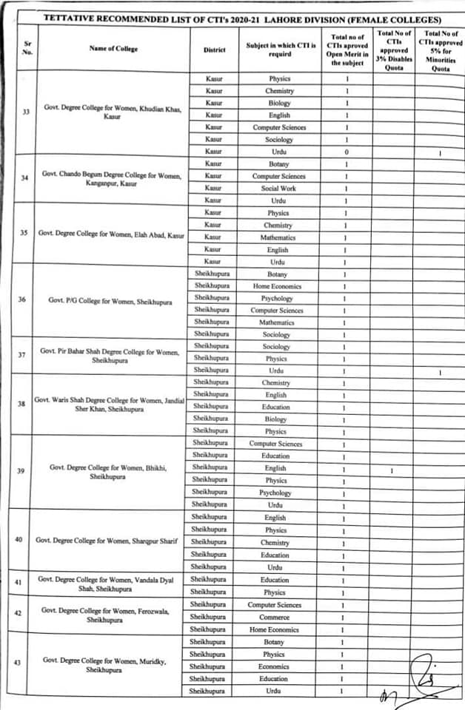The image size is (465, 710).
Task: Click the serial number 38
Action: tap(21, 404)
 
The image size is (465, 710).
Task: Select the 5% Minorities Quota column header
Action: tap(440, 50)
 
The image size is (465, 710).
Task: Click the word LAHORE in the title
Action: tap(273, 19)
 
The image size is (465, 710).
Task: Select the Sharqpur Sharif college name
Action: tap(107, 540)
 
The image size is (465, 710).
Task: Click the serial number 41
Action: tap(21, 583)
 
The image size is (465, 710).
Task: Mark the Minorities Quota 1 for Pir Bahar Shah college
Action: tap(440, 371)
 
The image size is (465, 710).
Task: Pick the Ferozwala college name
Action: tap(108, 615)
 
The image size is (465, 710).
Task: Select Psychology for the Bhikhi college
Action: tap(275, 493)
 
